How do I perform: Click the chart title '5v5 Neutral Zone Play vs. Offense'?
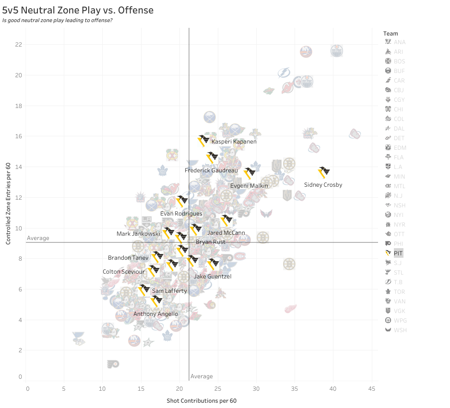pyautogui.click(x=78, y=10)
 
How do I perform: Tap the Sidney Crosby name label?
pyautogui.click(x=323, y=185)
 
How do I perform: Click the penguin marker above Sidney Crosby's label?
pyautogui.click(x=325, y=173)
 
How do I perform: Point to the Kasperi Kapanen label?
pyautogui.click(x=234, y=142)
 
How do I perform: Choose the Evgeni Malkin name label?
pyautogui.click(x=249, y=185)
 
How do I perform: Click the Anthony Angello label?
pyautogui.click(x=155, y=314)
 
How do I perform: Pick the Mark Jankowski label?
pyautogui.click(x=138, y=234)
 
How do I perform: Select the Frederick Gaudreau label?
pyautogui.click(x=211, y=170)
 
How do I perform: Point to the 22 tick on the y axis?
pyautogui.click(x=18, y=45)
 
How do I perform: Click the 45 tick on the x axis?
pyautogui.click(x=372, y=388)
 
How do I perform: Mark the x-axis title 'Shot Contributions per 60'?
pyautogui.click(x=201, y=400)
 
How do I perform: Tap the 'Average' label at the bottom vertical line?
pyautogui.click(x=201, y=376)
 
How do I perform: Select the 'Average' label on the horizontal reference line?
pyautogui.click(x=38, y=238)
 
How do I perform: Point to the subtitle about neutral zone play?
pyautogui.click(x=57, y=21)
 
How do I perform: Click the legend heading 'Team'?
pyautogui.click(x=391, y=33)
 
